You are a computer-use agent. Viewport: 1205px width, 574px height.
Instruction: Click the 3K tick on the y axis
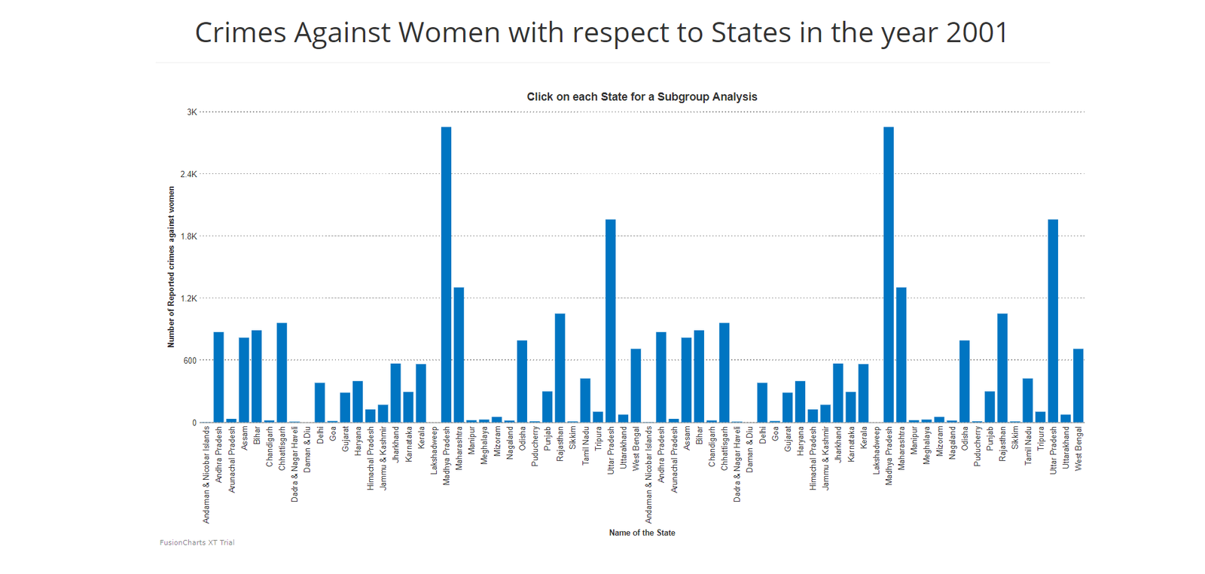pos(191,112)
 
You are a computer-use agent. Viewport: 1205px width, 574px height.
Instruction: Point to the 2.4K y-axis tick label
pos(188,174)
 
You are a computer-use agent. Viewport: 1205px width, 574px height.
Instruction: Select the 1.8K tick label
pos(188,237)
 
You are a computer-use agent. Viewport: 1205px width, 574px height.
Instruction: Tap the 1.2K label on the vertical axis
pos(188,298)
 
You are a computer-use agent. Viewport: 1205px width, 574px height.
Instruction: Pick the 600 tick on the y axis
pos(190,361)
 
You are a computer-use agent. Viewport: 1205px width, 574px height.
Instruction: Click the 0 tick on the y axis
pos(194,423)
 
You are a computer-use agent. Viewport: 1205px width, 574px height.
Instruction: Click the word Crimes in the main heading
pos(240,33)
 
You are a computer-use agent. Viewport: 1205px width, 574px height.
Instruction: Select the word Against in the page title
pos(343,33)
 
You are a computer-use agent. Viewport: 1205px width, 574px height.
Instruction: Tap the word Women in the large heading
pos(449,33)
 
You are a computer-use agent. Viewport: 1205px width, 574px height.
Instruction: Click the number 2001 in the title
pos(977,33)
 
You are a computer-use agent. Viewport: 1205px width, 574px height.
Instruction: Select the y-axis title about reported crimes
pos(171,267)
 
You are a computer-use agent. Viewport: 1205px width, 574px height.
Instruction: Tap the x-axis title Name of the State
pos(642,533)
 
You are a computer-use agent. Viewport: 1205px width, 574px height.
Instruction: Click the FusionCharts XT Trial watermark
pos(197,542)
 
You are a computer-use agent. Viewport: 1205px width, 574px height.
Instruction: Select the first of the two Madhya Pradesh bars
pos(447,275)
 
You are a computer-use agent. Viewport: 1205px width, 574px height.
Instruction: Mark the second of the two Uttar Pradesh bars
pos(1053,321)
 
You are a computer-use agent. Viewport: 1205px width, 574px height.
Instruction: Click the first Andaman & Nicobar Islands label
pos(207,475)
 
